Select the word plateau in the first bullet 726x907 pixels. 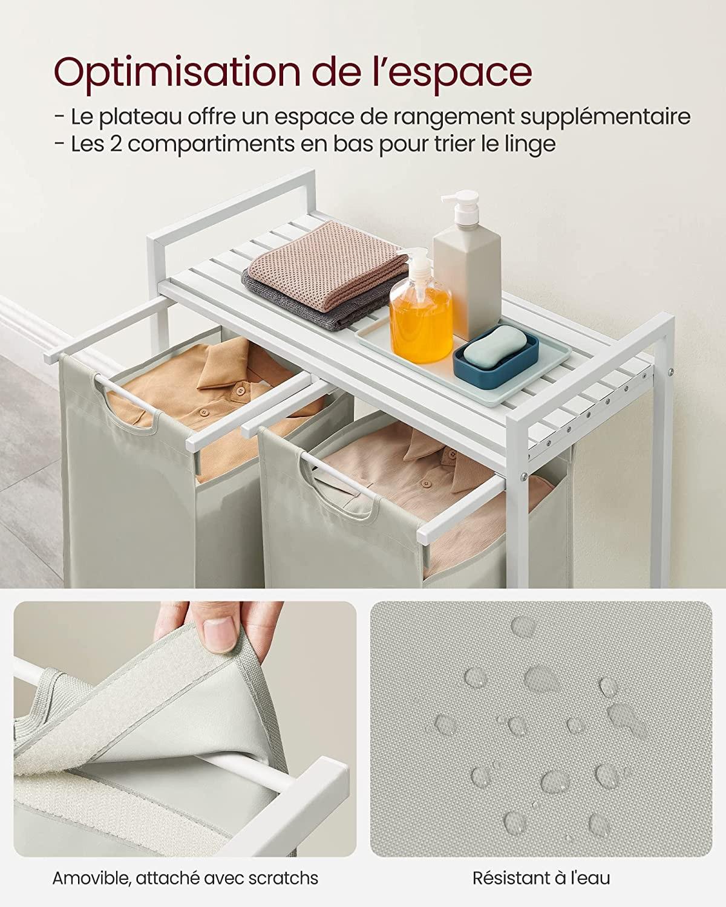coord(142,117)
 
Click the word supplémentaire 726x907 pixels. coord(605,117)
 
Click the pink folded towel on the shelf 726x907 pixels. coord(327,264)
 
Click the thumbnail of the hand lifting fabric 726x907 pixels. coord(185,730)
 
